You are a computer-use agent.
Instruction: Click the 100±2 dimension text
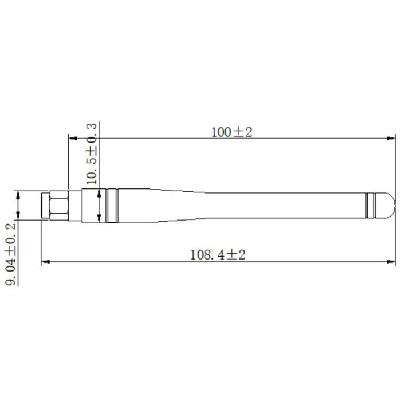click(x=231, y=132)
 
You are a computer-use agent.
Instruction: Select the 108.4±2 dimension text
click(x=218, y=255)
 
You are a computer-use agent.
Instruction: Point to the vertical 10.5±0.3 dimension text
click(x=92, y=154)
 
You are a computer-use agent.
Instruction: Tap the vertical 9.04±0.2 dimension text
click(x=11, y=254)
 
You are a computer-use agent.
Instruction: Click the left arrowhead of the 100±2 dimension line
click(x=73, y=139)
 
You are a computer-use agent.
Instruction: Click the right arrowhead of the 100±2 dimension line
click(x=391, y=139)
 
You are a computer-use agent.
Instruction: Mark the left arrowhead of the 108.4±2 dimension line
click(x=45, y=262)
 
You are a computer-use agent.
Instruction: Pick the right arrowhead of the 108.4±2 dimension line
click(x=391, y=262)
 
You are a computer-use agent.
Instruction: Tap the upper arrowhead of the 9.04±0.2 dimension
click(x=18, y=195)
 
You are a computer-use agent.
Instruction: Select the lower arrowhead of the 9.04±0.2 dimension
click(x=18, y=215)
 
